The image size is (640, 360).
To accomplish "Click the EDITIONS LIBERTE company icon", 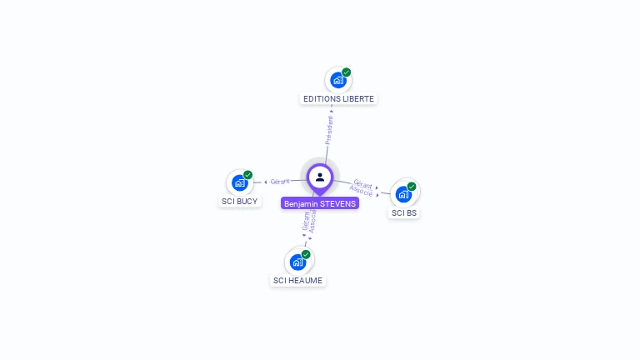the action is [x=337, y=81].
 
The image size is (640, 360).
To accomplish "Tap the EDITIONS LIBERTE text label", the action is [x=338, y=99].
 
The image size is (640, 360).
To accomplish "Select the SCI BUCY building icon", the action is [x=240, y=183].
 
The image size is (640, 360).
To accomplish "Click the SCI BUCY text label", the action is [x=240, y=202].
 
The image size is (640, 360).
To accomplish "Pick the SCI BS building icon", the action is [x=404, y=195].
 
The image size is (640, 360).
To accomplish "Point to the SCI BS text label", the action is [x=404, y=213].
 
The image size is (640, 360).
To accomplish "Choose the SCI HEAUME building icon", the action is [x=297, y=262].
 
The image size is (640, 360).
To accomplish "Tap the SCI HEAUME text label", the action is [x=297, y=281].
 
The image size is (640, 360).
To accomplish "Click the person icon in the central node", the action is [x=320, y=177].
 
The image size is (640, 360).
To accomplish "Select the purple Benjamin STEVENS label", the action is [x=320, y=203].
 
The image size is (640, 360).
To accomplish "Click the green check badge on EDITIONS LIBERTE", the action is [x=347, y=72].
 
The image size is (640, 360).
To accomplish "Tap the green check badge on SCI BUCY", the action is [x=248, y=175].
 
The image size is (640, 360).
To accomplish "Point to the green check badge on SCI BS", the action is [x=412, y=187].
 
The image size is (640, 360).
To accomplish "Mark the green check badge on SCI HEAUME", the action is [x=306, y=254].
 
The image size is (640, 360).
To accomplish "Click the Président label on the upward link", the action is [x=329, y=131].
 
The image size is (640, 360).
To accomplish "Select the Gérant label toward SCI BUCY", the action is [x=280, y=181].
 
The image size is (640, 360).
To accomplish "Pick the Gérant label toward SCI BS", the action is [x=362, y=183].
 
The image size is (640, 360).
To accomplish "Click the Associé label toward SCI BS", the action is [x=361, y=191].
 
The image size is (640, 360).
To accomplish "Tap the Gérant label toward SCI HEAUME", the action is [x=306, y=220].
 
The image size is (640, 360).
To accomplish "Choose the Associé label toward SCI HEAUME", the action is [x=312, y=220].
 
